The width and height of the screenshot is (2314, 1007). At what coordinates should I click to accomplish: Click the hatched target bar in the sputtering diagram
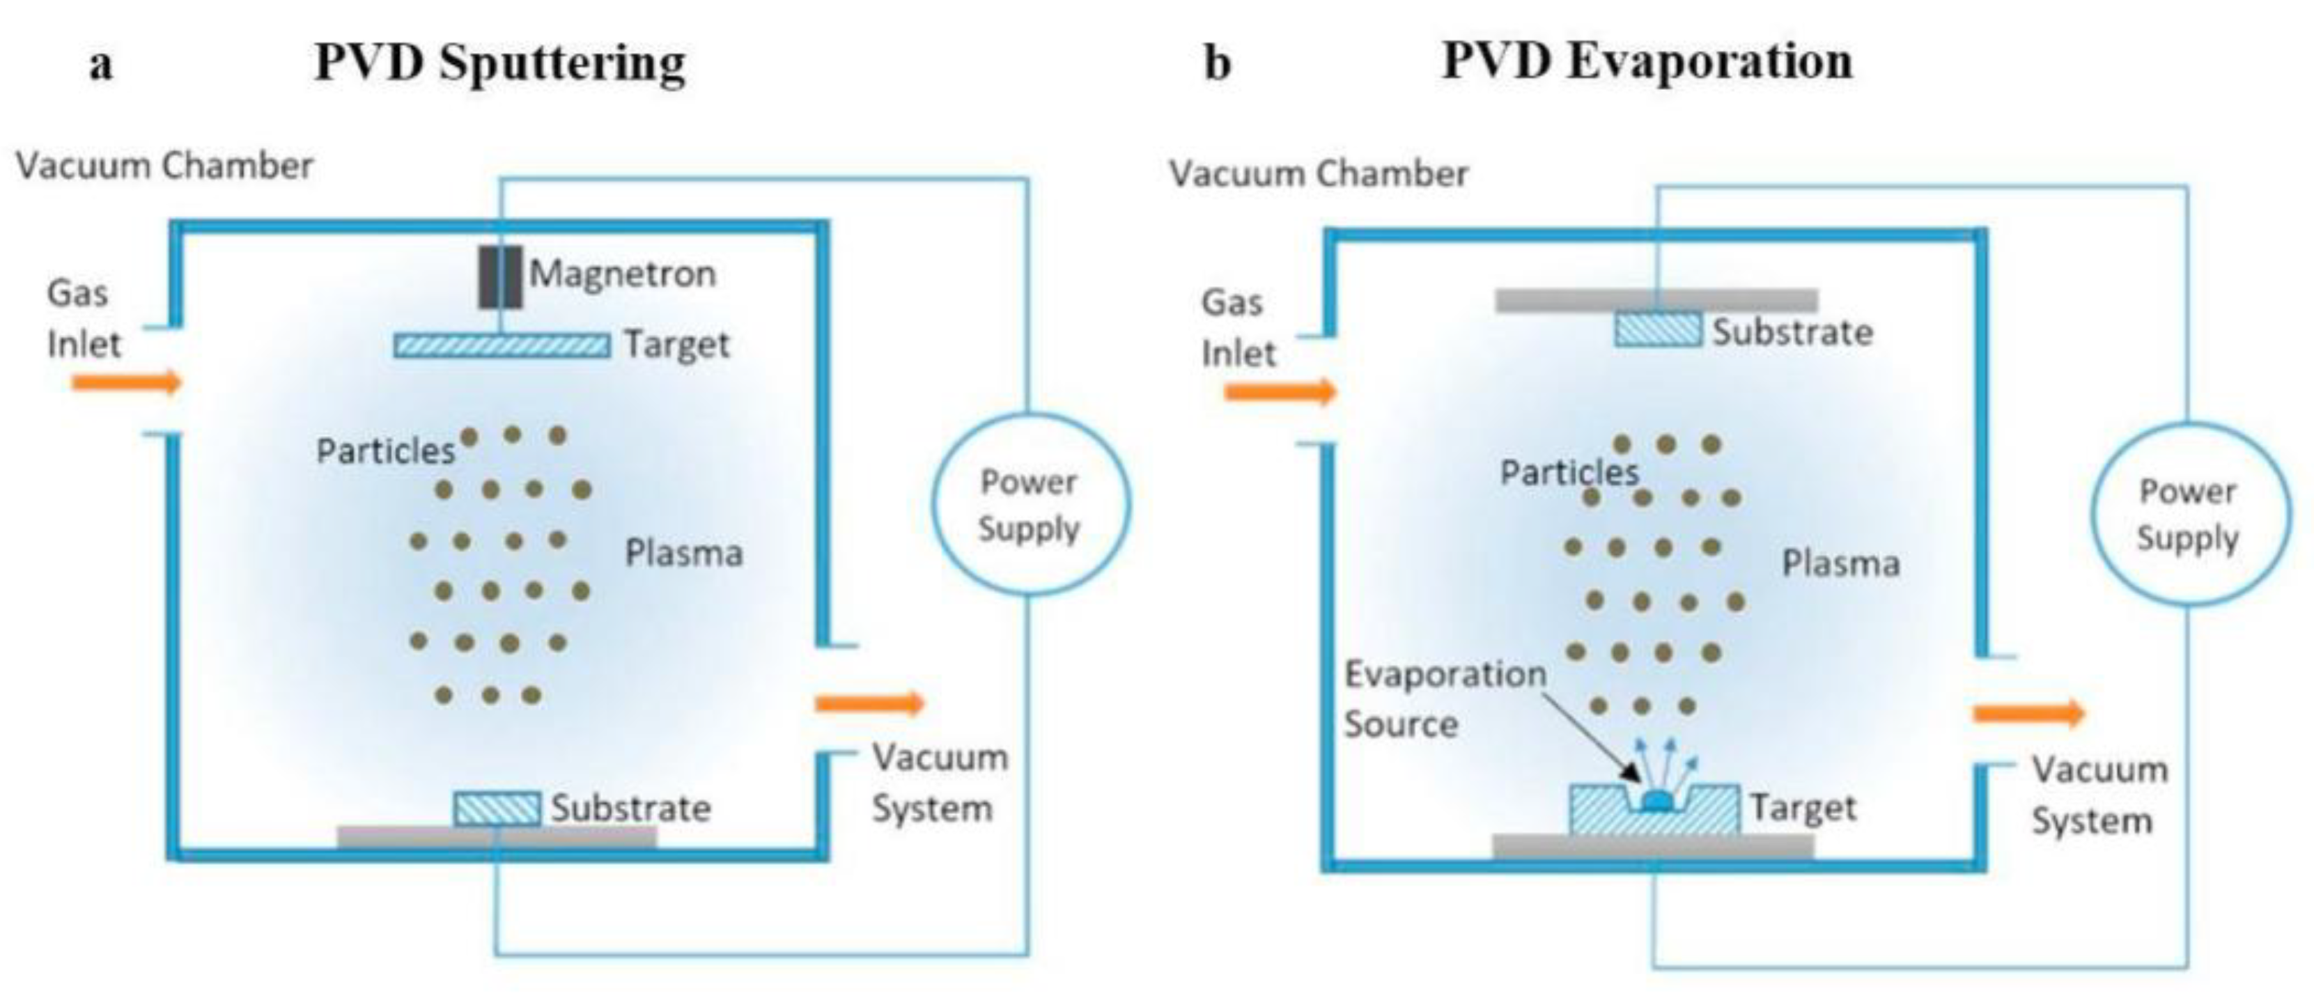(x=502, y=345)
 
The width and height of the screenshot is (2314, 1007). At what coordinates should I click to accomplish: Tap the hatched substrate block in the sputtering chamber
(x=497, y=808)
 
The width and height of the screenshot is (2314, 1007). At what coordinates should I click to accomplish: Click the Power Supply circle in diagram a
(x=1030, y=505)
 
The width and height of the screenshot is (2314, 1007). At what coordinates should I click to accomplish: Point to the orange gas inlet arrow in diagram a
(x=127, y=383)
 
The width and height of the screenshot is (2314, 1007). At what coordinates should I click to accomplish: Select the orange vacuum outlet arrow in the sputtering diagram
(x=869, y=703)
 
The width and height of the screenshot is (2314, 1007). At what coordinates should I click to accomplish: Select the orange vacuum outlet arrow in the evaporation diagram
(x=2028, y=713)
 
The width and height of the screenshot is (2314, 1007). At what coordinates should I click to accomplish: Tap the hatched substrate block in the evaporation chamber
(x=1657, y=329)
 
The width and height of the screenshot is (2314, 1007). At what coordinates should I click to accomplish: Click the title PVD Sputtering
(x=499, y=63)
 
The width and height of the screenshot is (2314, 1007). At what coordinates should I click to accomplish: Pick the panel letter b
(x=1217, y=63)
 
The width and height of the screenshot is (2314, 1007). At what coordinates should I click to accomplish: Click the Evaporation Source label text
(x=1443, y=698)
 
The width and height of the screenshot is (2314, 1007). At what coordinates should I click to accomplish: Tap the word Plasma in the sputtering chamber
(x=683, y=554)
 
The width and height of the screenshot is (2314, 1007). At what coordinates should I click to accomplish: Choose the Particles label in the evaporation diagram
(x=1569, y=472)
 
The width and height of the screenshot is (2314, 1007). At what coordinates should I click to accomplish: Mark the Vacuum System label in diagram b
(x=2099, y=795)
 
